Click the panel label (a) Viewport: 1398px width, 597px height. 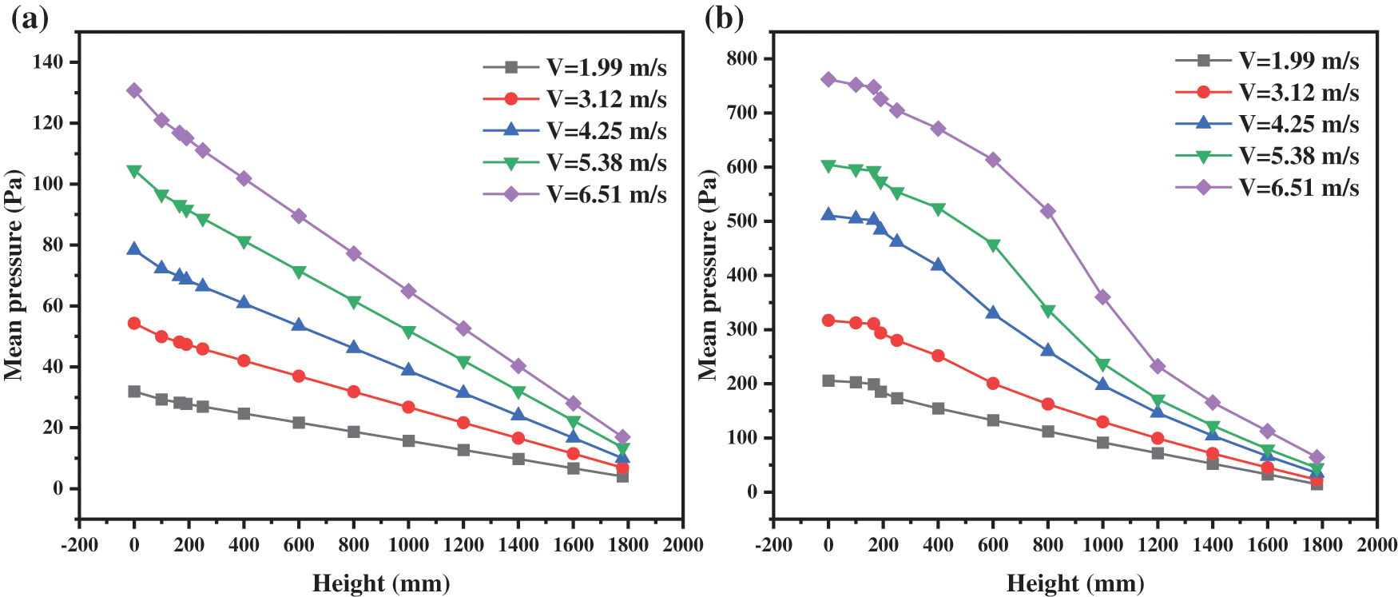click(x=30, y=18)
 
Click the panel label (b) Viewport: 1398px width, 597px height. click(x=724, y=18)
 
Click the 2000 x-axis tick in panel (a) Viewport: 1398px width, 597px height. click(x=683, y=545)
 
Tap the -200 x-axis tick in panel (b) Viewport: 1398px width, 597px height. click(x=773, y=545)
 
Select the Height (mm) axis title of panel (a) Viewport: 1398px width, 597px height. click(x=381, y=583)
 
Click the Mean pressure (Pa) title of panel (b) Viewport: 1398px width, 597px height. click(x=708, y=275)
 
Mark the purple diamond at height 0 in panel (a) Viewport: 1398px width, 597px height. click(x=134, y=90)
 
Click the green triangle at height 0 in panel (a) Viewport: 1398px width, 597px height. click(x=134, y=171)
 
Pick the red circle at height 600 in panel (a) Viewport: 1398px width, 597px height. click(x=299, y=376)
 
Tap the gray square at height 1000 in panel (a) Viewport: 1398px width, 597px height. click(x=408, y=440)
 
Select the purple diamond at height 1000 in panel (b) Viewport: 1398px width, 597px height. click(x=1102, y=297)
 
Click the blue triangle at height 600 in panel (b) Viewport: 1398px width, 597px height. click(x=993, y=312)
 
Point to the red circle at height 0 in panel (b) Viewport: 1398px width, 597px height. click(x=828, y=320)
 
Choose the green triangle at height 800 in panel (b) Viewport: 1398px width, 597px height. click(x=1048, y=311)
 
